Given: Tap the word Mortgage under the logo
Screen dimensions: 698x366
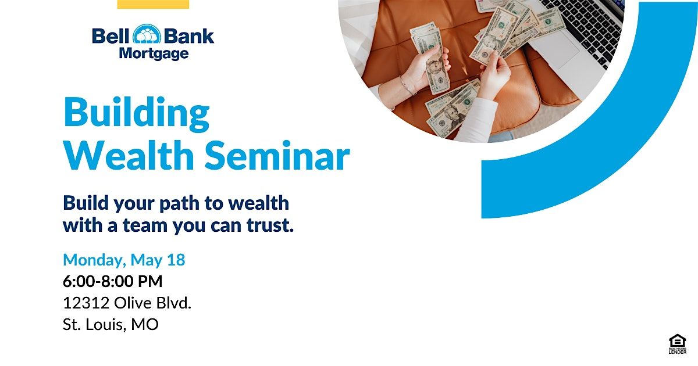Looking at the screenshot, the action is pos(154,53).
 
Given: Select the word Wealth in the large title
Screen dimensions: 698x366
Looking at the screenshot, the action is pos(129,155).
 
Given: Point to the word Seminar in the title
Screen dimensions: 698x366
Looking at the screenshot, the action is pos(277,155).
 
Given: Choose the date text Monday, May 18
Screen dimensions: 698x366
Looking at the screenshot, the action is pos(124,260).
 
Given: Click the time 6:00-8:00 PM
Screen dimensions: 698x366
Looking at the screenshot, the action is pos(112,281).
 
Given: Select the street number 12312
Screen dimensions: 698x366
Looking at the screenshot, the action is pos(86,303).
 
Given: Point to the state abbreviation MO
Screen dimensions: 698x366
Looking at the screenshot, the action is pos(145,325).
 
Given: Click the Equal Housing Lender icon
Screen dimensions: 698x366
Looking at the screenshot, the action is pos(678,344).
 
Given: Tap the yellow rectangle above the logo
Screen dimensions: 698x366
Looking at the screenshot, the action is pos(153,4).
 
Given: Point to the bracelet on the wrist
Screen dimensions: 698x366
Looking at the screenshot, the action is pos(407,85).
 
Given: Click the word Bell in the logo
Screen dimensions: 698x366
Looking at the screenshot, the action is pos(111,36).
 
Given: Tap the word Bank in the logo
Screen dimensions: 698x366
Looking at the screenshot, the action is pos(189,36).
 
